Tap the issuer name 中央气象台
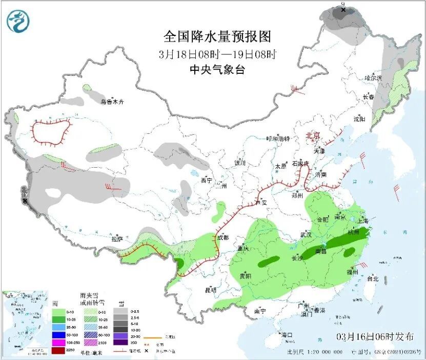tap(217, 70)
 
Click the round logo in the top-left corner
tap(18, 21)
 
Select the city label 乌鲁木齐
tap(112, 102)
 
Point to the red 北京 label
tap(313, 135)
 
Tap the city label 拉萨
tap(117, 238)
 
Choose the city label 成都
tap(222, 237)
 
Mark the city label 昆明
tap(211, 290)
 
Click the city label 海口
tap(287, 335)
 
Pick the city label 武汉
tap(307, 234)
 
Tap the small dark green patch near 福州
tap(350, 252)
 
